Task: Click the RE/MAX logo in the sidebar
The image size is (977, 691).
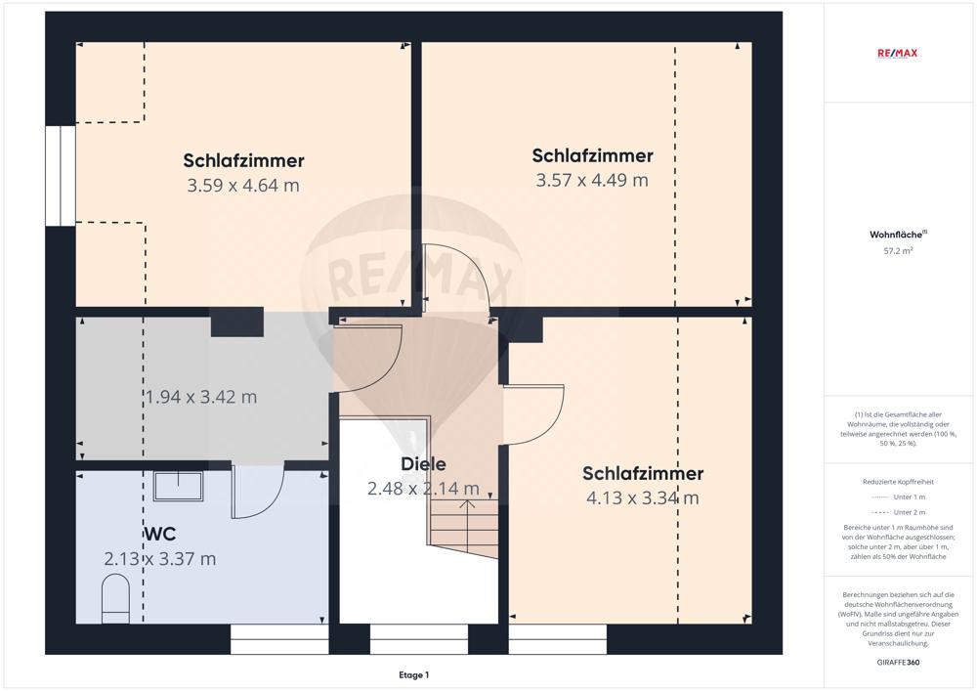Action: coord(899,54)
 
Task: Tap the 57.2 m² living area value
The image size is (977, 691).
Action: coord(899,251)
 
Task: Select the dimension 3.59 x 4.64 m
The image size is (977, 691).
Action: coord(243,185)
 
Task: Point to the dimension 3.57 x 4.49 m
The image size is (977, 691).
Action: coord(592,180)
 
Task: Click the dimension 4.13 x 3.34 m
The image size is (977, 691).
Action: coord(642,497)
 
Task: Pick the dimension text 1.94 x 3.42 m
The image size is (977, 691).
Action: coord(201,397)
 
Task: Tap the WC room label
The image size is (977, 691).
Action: coord(160,535)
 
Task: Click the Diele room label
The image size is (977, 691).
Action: coord(423,464)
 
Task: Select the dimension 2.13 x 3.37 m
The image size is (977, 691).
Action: coord(160,559)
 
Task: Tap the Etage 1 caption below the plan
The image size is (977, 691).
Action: coord(413,674)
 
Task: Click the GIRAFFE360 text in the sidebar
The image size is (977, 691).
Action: coord(899,662)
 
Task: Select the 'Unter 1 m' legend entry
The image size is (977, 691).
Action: coord(899,497)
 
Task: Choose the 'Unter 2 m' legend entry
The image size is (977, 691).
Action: coord(899,512)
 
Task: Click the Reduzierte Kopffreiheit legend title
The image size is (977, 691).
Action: coord(899,481)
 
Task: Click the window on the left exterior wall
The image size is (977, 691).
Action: coord(60,176)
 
